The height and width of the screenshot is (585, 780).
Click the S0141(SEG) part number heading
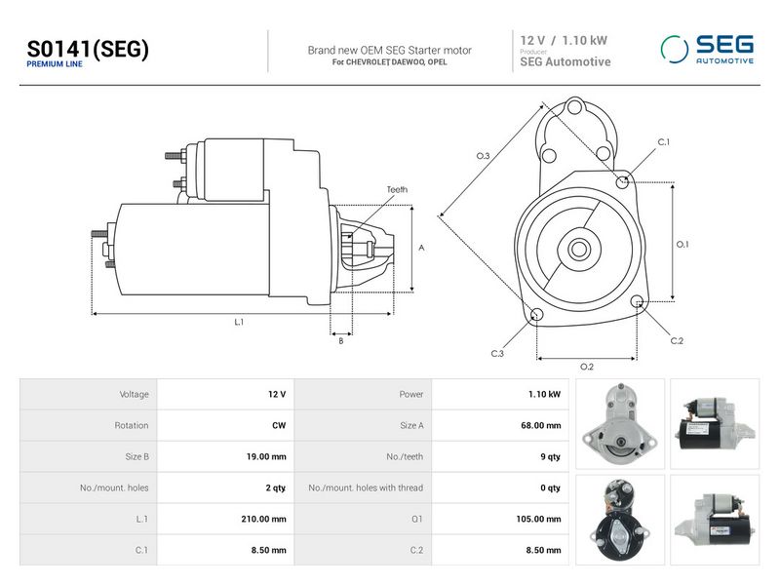tap(88, 50)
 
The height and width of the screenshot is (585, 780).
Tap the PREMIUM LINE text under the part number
tap(55, 64)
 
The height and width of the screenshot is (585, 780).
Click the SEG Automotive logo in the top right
tap(708, 50)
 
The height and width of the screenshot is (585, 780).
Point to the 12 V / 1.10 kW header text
tap(564, 40)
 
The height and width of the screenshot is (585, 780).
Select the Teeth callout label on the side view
tap(397, 189)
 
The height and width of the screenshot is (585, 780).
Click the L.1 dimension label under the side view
tap(239, 322)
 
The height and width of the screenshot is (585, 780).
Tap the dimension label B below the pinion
tap(340, 341)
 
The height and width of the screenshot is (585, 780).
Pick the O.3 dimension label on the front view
tap(483, 156)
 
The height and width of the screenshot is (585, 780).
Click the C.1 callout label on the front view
tap(664, 142)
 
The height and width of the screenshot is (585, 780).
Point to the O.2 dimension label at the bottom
tap(587, 368)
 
